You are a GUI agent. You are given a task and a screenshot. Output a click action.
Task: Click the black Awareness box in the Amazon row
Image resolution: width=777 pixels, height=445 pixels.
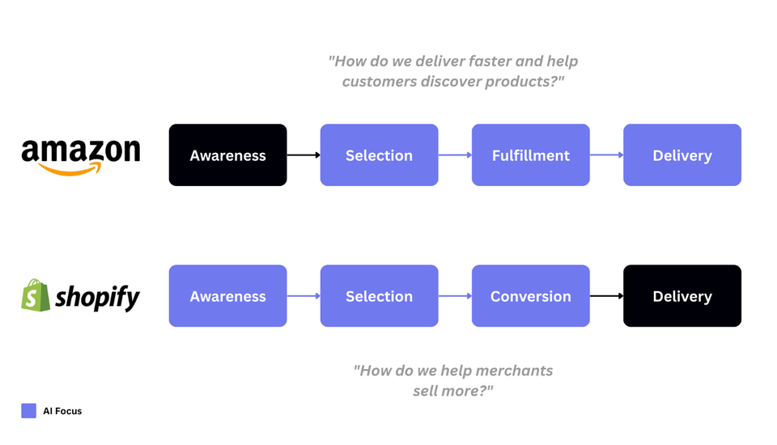point(227,155)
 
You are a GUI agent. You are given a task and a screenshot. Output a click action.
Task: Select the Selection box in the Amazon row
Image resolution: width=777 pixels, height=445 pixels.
point(379,155)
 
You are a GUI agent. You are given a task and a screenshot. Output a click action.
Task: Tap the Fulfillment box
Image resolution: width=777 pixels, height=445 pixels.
point(530,155)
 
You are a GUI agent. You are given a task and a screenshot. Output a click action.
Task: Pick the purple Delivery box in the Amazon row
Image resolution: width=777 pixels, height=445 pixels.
point(681,155)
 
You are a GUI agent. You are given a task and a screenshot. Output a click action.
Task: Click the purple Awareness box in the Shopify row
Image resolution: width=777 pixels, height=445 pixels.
point(227,296)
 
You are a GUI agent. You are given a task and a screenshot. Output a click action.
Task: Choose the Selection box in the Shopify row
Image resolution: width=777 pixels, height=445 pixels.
point(379,296)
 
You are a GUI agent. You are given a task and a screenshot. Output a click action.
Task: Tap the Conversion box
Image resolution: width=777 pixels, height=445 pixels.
point(530,296)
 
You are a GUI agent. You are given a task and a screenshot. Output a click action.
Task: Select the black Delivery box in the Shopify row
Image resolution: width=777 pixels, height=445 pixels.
point(681,296)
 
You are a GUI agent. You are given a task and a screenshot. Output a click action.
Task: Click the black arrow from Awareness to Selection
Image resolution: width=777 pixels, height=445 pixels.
point(304,155)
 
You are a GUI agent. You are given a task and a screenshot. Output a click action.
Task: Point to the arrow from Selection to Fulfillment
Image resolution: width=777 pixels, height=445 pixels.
point(455,155)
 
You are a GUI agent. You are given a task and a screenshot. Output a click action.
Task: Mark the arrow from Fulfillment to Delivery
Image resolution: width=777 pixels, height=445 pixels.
point(606,155)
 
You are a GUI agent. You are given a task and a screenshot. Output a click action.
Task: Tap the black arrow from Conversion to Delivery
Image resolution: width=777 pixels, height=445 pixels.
point(606,296)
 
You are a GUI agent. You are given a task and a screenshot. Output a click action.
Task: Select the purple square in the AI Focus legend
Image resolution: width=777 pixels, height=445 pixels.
point(29,411)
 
